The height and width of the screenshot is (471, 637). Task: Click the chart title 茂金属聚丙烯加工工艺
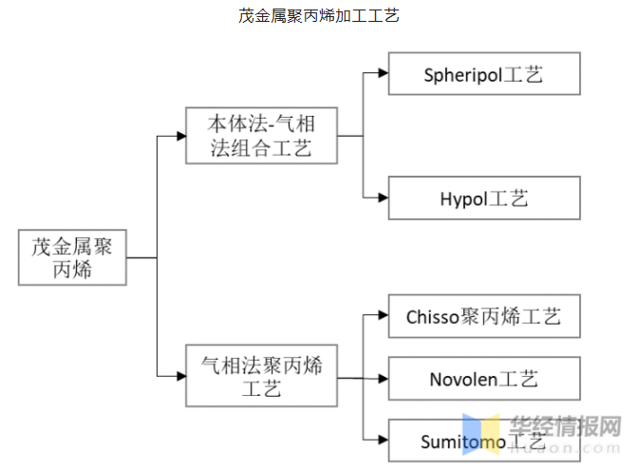pyautogui.click(x=318, y=16)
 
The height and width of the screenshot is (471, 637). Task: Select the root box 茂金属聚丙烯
pyautogui.click(x=72, y=257)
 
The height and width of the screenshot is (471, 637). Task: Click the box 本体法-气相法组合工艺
pyautogui.click(x=260, y=136)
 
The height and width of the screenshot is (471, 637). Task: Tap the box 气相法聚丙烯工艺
pyautogui.click(x=260, y=377)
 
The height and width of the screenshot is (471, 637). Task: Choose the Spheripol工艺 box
pyautogui.click(x=483, y=74)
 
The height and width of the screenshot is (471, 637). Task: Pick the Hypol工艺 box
pyautogui.click(x=483, y=198)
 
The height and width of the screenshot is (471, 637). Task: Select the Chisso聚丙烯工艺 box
pyautogui.click(x=483, y=316)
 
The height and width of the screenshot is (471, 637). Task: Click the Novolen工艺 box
pyautogui.click(x=483, y=379)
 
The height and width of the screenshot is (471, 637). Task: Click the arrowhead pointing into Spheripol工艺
pyautogui.click(x=382, y=73)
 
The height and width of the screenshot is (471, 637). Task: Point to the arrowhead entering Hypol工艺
pyautogui.click(x=382, y=198)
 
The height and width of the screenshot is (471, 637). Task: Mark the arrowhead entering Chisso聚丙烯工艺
pyautogui.click(x=382, y=316)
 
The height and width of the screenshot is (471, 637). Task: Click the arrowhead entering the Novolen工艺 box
pyautogui.click(x=382, y=379)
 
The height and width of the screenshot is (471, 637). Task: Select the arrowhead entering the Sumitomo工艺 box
pyautogui.click(x=382, y=441)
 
